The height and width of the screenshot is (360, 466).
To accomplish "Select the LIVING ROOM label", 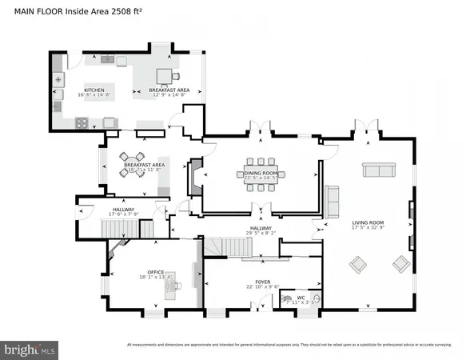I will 368,222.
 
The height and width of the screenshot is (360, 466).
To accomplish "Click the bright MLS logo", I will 30,349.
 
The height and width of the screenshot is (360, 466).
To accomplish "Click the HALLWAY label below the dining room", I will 261,228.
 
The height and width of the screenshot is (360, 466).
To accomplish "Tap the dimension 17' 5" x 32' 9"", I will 368,228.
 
